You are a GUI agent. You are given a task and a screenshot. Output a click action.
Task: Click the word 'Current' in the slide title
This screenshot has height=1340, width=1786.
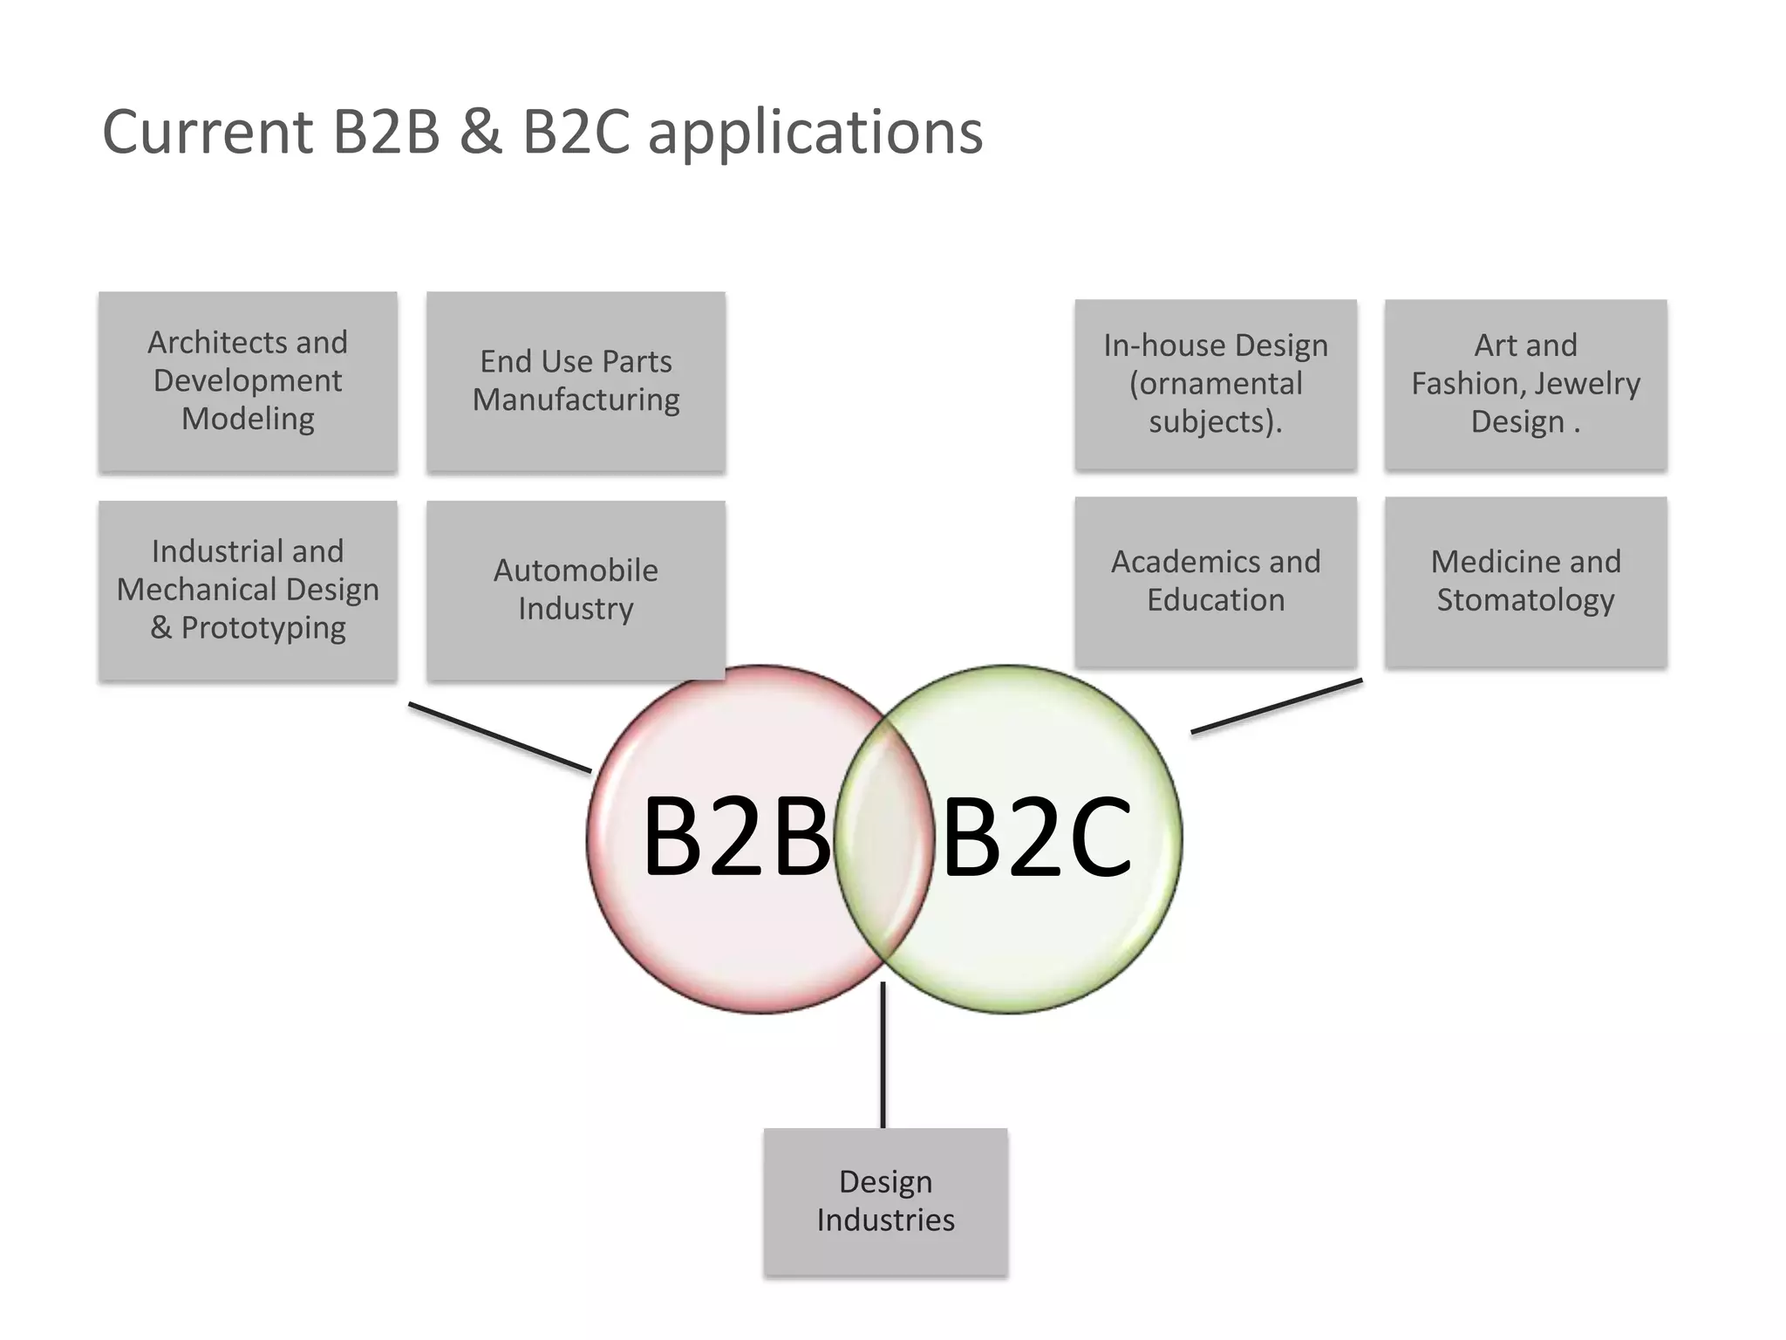pos(208,133)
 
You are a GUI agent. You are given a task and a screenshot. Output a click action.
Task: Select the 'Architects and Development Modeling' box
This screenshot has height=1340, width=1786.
pos(248,381)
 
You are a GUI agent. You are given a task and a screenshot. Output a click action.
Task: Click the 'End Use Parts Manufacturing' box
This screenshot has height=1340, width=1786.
pos(576,381)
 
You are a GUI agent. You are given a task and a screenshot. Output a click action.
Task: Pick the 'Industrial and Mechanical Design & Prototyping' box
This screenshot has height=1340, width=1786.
pos(248,590)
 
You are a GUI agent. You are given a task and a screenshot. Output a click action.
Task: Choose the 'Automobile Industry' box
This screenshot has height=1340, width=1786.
pos(576,590)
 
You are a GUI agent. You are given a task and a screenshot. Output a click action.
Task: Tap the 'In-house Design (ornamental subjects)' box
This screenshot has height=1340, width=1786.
pos(1216,384)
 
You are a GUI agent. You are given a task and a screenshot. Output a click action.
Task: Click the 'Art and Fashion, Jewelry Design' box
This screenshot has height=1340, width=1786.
pos(1525,384)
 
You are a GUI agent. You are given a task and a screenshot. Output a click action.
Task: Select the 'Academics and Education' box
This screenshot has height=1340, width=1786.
pos(1216,581)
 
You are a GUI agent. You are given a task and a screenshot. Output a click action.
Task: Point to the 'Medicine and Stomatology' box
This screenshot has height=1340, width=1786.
pos(1525,581)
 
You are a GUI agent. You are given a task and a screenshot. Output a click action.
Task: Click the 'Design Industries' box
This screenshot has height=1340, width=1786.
pos(885,1201)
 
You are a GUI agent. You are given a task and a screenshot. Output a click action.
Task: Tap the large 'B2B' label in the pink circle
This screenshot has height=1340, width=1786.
pos(736,837)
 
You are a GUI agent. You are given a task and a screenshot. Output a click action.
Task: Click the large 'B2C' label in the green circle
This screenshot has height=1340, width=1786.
pos(1037,837)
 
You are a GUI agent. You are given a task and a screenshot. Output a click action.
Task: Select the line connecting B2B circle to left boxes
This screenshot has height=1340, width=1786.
pos(500,737)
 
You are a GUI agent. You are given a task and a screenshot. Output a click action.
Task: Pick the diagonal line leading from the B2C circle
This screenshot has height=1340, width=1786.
pos(1277,706)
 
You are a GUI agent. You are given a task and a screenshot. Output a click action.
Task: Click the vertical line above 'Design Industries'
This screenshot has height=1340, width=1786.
pos(883,1056)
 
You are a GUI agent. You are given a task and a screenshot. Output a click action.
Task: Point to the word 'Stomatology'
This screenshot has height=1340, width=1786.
pos(1525,600)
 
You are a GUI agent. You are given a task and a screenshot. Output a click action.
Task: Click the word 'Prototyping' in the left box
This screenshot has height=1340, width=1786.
pos(262,628)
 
